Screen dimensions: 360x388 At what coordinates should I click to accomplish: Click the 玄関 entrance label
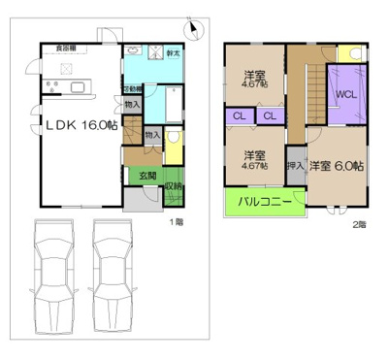pyautogui.click(x=146, y=176)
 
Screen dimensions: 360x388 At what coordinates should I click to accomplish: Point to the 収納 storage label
pyautogui.click(x=173, y=185)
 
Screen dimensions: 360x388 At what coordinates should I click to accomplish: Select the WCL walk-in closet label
pyautogui.click(x=346, y=94)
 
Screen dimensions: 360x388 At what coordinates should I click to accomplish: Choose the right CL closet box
pyautogui.click(x=271, y=116)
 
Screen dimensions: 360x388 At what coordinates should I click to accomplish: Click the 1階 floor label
pyautogui.click(x=178, y=222)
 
